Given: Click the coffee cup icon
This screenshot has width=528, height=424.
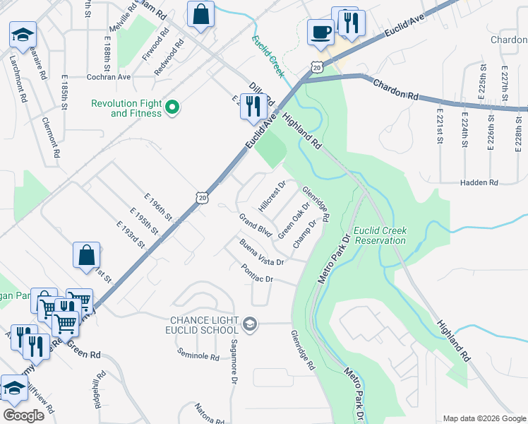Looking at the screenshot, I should click(x=320, y=33).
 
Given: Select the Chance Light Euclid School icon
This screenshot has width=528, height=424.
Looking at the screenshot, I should click(x=248, y=324).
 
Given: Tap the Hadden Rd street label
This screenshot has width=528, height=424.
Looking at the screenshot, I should click(x=479, y=183).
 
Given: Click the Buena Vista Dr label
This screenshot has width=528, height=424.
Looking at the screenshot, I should click(x=261, y=253).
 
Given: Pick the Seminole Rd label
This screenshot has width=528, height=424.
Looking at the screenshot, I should click(x=198, y=356).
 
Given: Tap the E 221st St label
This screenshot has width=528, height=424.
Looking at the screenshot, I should click(x=438, y=126).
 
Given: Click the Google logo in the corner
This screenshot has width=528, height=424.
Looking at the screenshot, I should click(x=23, y=416).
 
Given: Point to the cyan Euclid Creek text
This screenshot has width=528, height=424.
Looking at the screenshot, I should click(x=268, y=52).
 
